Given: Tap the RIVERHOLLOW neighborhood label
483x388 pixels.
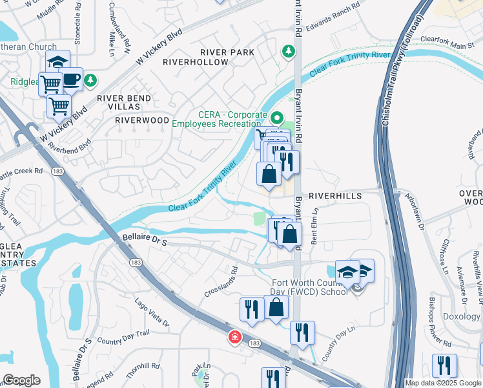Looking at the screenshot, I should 196,62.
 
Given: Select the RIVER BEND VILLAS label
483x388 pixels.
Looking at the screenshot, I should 124,103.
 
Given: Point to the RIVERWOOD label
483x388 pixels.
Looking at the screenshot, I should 142,120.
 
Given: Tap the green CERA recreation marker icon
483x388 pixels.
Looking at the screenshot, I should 277,118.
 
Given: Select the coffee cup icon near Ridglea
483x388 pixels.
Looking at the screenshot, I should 72,80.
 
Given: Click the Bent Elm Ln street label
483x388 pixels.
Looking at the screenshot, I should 316,223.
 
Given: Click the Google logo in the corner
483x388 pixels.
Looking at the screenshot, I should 21,380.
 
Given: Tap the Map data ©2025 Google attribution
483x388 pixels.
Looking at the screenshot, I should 443,383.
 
